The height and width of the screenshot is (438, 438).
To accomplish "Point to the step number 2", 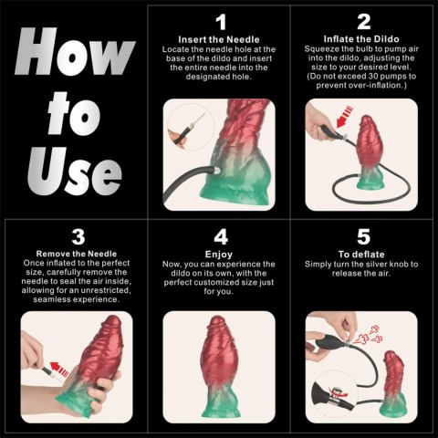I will pos(363,21).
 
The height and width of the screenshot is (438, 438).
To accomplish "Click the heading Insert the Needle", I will pos(219,40).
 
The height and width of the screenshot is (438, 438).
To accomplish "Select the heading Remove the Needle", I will pos(77,253).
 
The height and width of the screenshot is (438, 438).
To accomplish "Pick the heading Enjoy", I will pos(219,254).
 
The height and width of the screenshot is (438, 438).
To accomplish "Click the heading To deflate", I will pos(362,254).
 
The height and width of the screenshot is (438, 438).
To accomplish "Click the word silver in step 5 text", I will pos(382,265).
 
